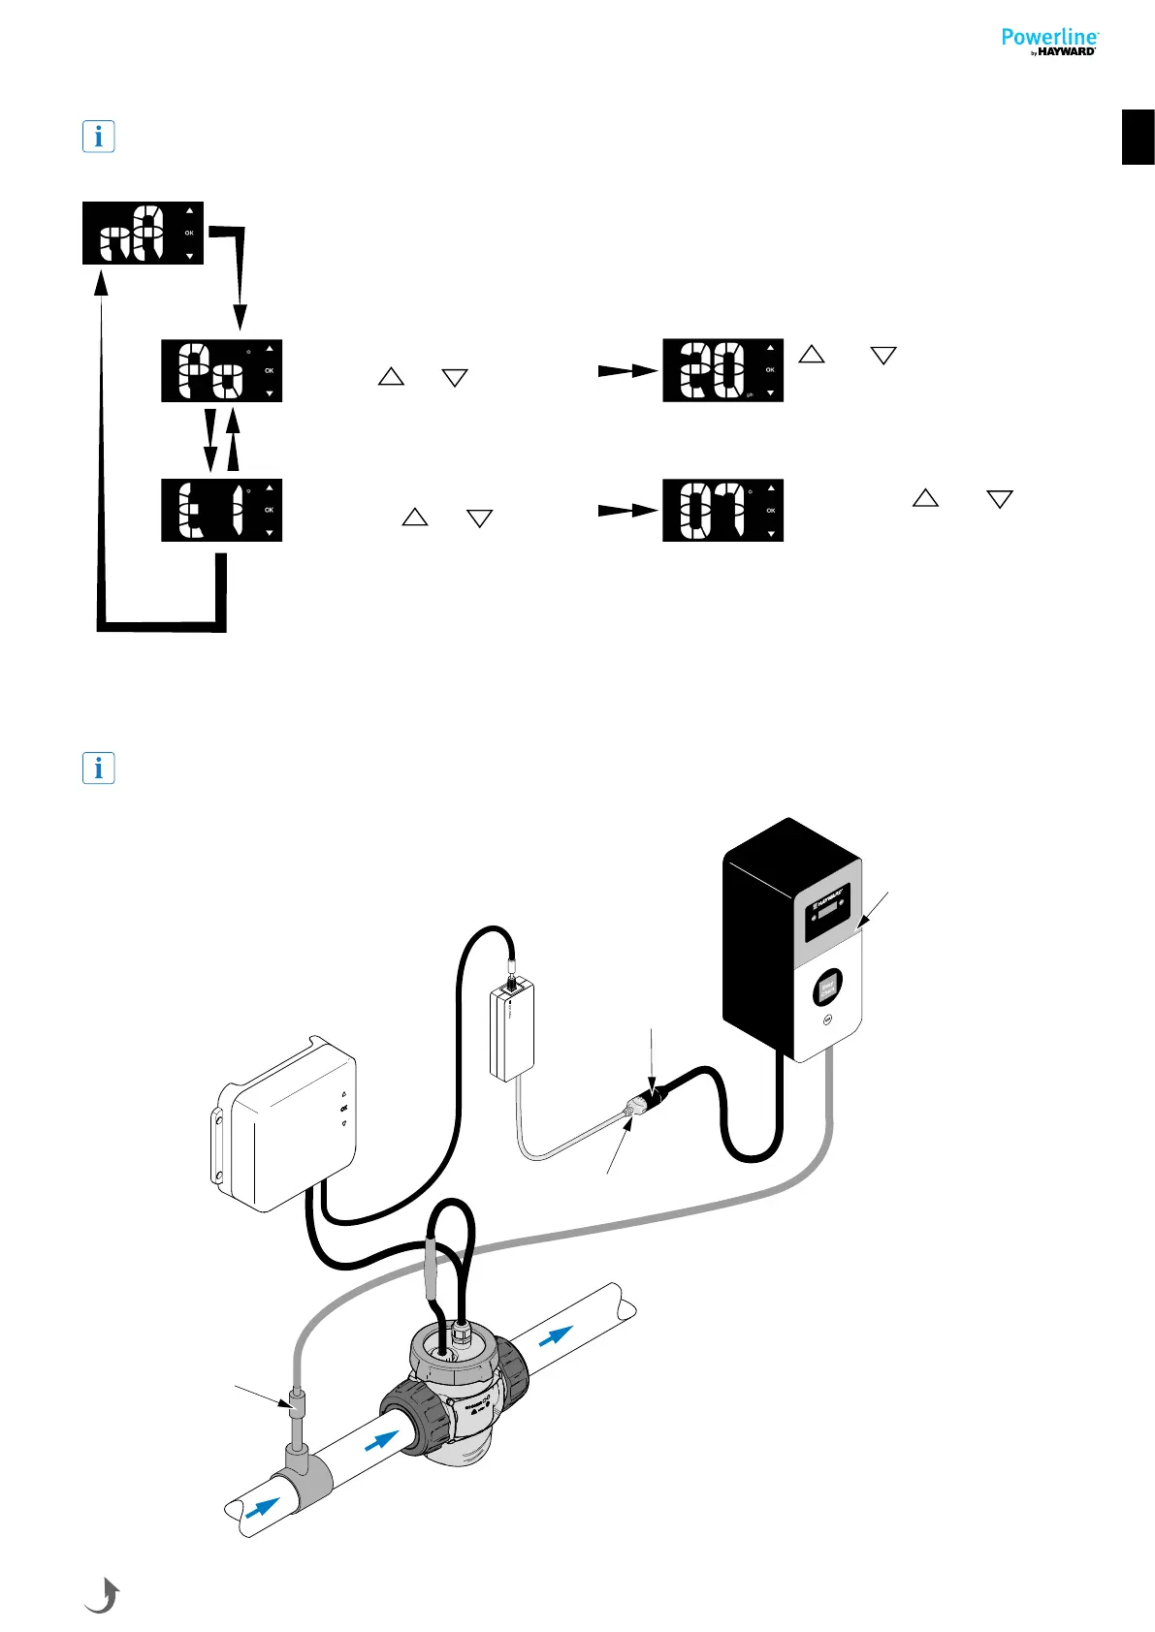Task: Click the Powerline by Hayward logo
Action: click(1049, 42)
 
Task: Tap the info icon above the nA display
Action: click(98, 137)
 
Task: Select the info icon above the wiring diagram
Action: click(98, 769)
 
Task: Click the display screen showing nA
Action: click(143, 233)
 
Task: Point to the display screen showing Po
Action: click(221, 370)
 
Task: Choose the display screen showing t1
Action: click(221, 510)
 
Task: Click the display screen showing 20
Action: click(722, 370)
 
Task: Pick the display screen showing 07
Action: click(722, 510)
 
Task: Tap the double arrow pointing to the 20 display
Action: click(628, 370)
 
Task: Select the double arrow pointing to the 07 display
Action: click(628, 510)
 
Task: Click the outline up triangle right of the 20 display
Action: click(812, 355)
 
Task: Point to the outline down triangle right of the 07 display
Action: click(999, 500)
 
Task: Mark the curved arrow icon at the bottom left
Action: click(103, 1594)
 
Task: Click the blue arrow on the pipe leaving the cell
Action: click(555, 1335)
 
